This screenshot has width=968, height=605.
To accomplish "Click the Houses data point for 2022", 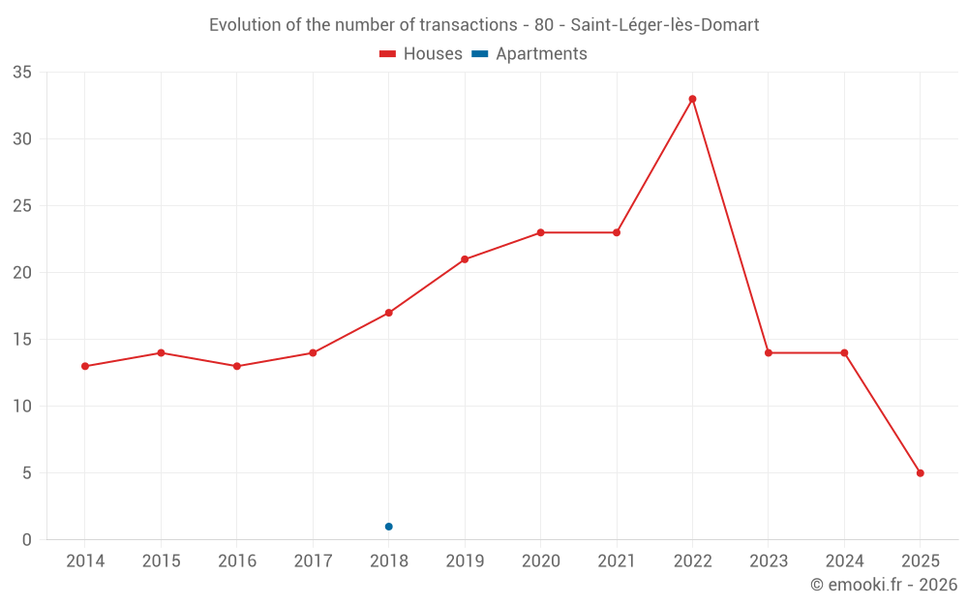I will pos(692,99).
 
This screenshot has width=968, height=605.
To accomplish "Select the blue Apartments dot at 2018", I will pos(388,527).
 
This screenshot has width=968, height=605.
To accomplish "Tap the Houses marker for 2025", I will pos(920,473).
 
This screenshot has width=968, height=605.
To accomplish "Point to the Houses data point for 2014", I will pos(85,366).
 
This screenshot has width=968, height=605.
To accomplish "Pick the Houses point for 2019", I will pos(465,259).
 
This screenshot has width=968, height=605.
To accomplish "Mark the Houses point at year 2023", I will pos(769,352).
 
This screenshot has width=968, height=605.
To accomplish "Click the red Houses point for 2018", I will pos(388,313).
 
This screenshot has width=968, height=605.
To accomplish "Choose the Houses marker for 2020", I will pos(540,232).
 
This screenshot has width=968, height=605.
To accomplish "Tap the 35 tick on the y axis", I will pos(22,73).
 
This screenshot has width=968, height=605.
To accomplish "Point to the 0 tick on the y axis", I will pos(27,540).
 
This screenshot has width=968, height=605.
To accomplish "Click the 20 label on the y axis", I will pos(22,273).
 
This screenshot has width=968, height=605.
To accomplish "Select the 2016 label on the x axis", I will pos(237,561).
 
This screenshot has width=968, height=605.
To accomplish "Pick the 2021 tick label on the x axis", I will pos(617,561).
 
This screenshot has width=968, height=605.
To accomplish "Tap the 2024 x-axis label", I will pos(844,561).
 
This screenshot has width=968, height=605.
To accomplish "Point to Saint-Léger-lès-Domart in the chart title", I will pos(665,25).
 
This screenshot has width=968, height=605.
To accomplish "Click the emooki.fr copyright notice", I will pos(884,585).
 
